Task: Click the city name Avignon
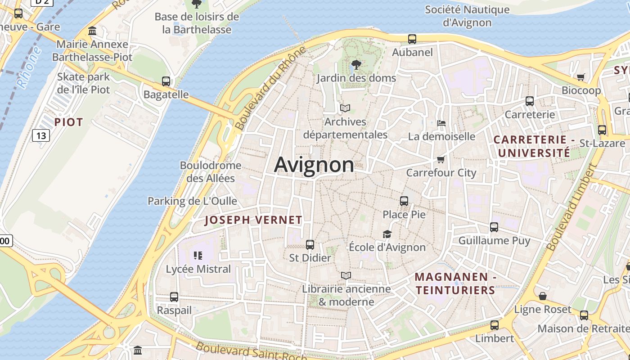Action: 314,165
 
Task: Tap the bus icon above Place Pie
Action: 404,201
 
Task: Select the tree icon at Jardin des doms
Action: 356,65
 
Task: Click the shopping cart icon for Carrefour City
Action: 441,159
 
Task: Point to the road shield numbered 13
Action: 41,135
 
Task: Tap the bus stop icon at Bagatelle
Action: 166,81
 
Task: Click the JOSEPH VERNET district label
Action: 253,220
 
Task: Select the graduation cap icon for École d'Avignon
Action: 387,234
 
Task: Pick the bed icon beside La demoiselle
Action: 441,123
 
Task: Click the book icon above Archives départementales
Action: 345,108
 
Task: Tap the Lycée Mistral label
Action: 198,269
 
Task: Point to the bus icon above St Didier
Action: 310,245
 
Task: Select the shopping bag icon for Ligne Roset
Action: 543,296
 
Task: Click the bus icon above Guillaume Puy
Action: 494,227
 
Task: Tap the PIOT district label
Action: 69,122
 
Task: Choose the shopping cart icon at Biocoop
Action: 581,77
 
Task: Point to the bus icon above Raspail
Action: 174,297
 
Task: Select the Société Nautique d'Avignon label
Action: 467,16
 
